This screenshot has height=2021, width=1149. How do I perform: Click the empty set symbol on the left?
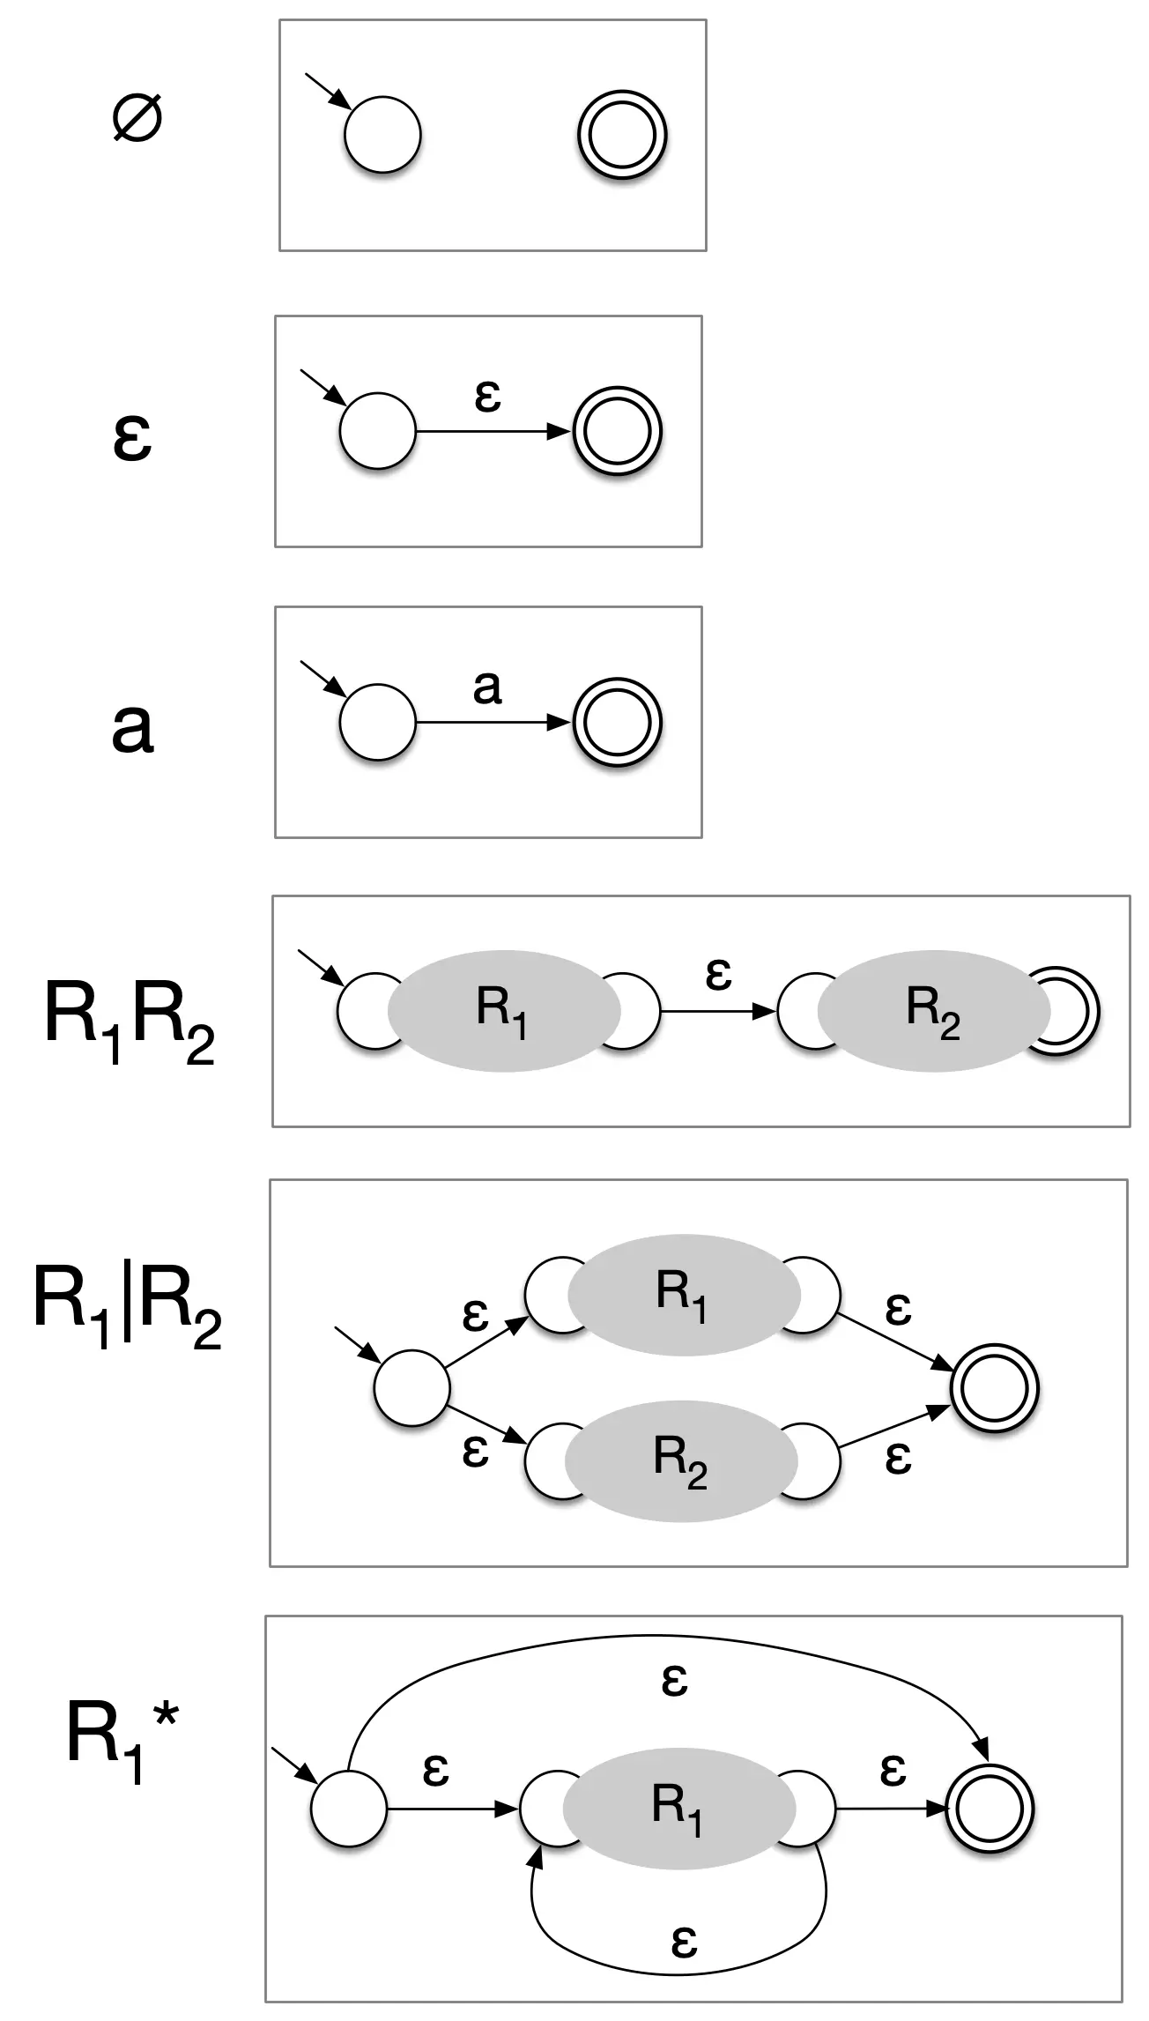pos(137,119)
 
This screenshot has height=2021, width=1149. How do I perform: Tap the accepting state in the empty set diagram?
pos(622,136)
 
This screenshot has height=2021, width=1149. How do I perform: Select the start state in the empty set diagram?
pos(382,136)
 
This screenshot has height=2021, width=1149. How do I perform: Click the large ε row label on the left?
pos(132,437)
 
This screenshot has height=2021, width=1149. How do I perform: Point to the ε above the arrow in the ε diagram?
pos(487,396)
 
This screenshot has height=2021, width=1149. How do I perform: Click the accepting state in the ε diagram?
pos(617,432)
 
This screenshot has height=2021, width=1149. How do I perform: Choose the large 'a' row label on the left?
pos(132,727)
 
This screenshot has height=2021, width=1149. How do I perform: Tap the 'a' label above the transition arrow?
pos(487,687)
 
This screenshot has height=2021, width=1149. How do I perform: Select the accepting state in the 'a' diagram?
pos(617,723)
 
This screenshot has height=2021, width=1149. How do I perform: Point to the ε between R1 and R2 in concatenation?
pos(718,974)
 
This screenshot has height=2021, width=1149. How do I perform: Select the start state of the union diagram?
pos(411,1388)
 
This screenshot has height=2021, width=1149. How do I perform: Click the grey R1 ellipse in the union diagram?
pos(683,1293)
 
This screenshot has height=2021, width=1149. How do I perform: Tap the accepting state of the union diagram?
pos(995,1388)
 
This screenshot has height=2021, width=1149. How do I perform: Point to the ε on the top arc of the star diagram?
pos(674,1680)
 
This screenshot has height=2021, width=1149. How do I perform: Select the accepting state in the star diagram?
pos(990,1809)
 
